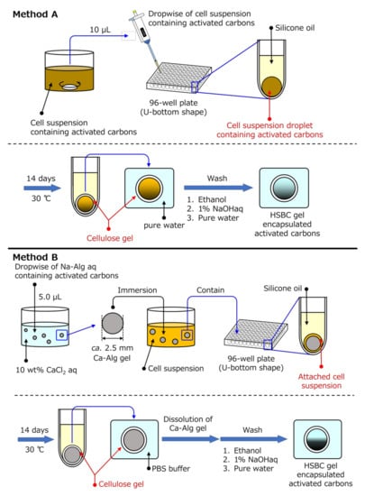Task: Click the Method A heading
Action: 35,14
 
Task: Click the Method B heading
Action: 35,257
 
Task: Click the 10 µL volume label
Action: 100,30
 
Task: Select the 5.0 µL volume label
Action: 50,297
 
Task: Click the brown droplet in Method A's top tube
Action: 271,86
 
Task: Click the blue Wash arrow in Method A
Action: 218,188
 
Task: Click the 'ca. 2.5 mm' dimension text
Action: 112,348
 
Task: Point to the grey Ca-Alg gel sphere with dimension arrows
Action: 113,324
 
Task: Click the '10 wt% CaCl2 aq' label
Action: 46,370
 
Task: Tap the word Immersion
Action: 137,290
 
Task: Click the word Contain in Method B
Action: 211,290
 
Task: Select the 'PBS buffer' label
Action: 171,468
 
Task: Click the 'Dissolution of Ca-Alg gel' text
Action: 187,424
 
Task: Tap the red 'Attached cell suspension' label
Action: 321,381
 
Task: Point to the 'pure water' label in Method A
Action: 164,225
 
